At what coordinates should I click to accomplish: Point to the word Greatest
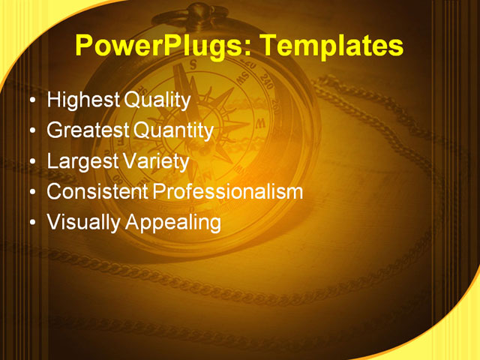point(88,130)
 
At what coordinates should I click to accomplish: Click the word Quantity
point(173,130)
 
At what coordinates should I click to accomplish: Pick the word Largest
point(80,160)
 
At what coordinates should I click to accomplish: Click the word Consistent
point(97,191)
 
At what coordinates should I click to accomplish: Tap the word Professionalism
point(228,191)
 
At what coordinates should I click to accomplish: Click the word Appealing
point(172,223)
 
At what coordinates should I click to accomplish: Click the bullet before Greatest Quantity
point(31,131)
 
